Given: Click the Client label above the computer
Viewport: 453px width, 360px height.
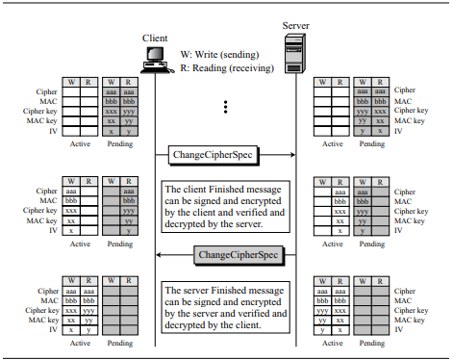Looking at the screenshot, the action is (x=155, y=39).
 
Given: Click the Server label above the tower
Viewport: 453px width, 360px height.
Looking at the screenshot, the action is (x=296, y=26).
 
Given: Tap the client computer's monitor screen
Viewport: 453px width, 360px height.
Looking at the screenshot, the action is (x=155, y=54).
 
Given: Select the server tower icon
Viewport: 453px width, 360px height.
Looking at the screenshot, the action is (x=295, y=53).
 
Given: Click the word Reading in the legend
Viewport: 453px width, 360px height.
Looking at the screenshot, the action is (x=210, y=68).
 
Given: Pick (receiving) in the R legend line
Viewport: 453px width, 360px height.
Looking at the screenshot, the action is (x=252, y=68).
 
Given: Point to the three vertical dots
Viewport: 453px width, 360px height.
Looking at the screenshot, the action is (x=226, y=107).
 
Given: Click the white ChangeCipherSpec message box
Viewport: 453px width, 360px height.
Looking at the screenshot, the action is (x=213, y=155).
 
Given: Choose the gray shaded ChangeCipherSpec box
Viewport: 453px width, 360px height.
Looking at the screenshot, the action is (x=239, y=255).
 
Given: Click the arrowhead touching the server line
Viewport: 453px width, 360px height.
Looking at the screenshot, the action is (x=292, y=155).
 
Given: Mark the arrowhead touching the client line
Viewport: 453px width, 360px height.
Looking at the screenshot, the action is (x=159, y=255).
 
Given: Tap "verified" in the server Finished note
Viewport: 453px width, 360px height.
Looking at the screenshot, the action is (x=246, y=314).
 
